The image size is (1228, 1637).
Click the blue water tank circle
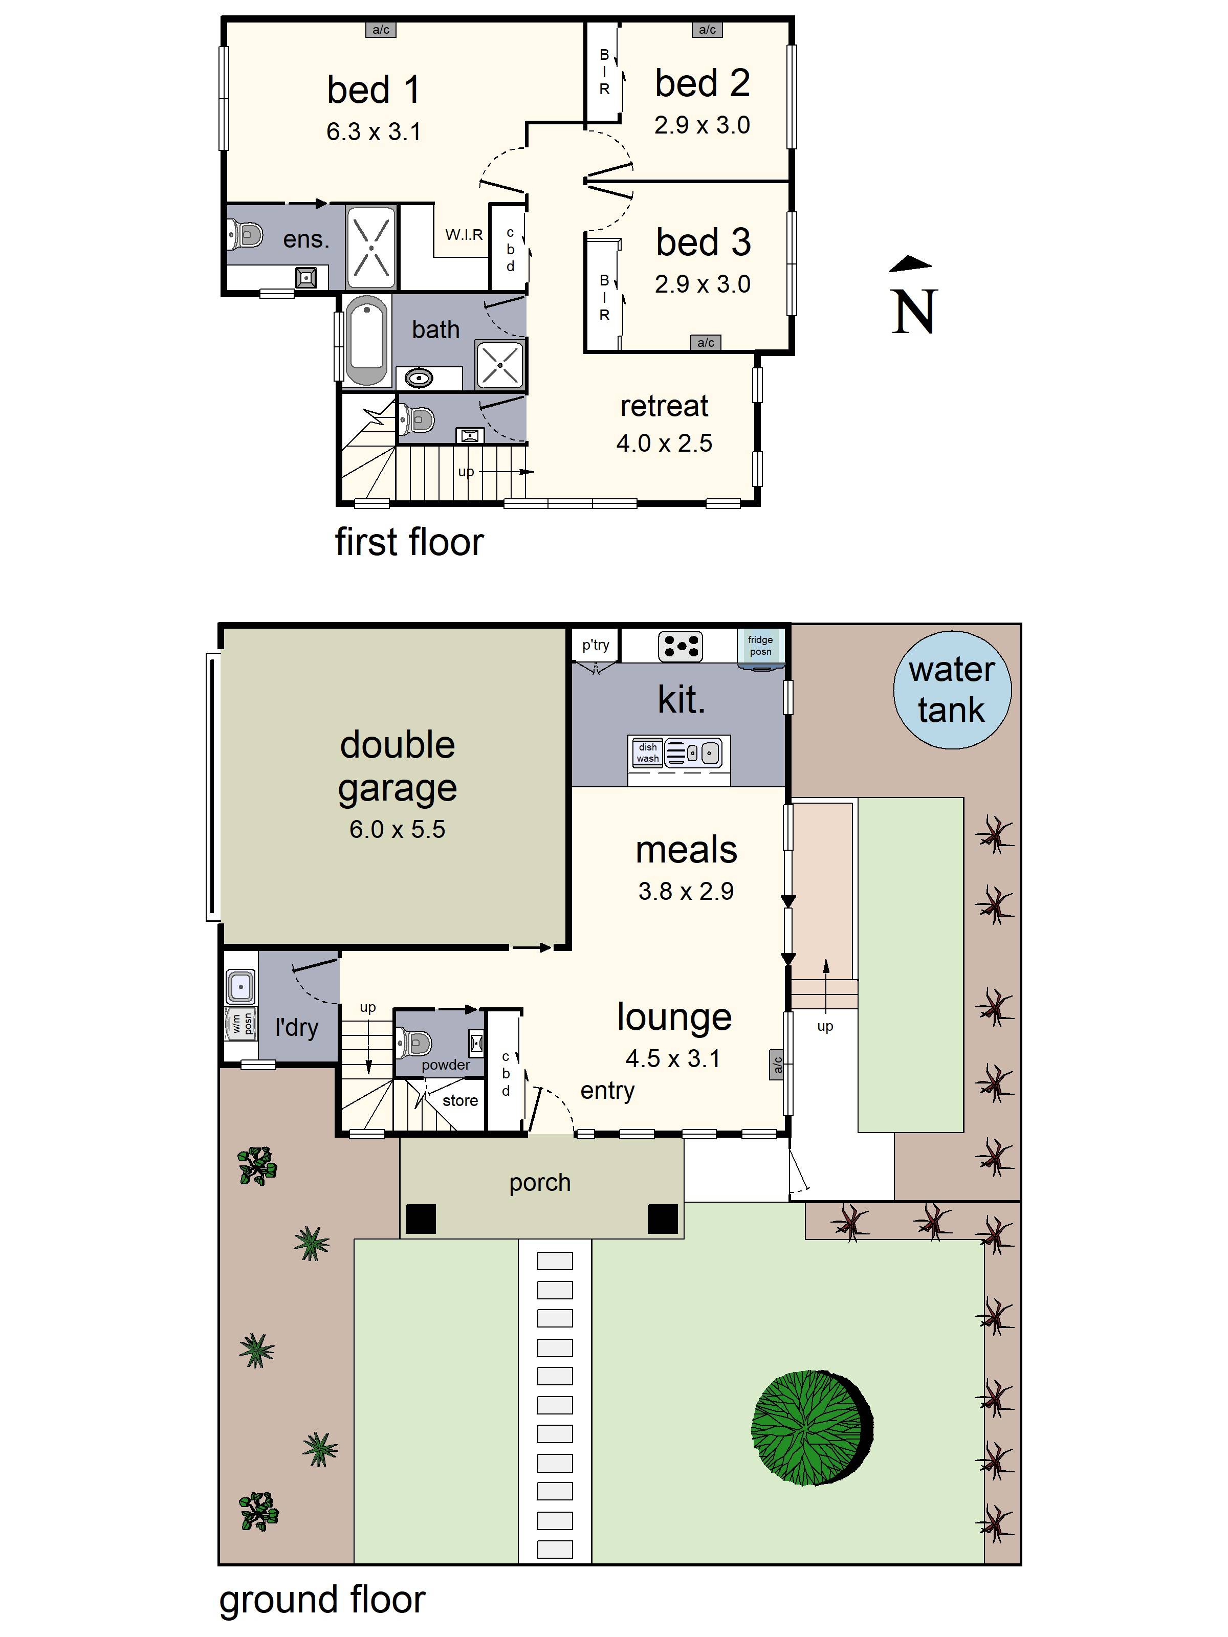point(952,690)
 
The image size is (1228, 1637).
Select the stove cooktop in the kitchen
point(680,646)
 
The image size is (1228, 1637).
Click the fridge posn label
point(760,645)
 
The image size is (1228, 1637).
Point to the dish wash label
point(648,753)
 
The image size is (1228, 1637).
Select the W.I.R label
point(464,235)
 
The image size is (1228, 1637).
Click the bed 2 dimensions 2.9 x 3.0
point(701,125)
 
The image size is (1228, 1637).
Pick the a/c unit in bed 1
point(381,30)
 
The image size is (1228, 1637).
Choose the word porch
point(540,1183)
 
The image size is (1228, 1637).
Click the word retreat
point(664,406)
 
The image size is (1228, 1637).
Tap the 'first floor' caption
point(409,542)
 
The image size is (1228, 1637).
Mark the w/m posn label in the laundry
point(242,1024)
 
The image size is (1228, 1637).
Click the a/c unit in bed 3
point(706,342)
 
